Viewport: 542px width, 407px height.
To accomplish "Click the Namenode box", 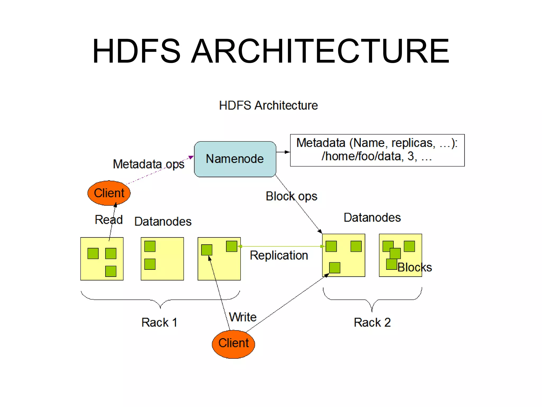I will point(235,159).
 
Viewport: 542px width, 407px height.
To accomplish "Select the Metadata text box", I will point(377,150).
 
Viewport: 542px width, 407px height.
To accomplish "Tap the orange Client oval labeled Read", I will point(109,193).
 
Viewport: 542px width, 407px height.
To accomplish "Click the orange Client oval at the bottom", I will point(233,344).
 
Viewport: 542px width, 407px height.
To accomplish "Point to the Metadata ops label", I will point(148,164).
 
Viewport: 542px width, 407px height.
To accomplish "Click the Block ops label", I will point(291,196).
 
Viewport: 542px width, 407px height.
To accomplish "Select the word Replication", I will point(279,255).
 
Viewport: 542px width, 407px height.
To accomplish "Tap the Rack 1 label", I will point(159,322).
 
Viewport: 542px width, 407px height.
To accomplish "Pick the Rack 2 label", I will point(372,322).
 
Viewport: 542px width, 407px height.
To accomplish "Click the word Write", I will point(243,317).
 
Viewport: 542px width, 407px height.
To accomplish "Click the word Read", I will point(109,220).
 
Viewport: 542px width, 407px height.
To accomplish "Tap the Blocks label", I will point(415,267).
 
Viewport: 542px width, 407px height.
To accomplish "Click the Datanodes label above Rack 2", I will point(372,218).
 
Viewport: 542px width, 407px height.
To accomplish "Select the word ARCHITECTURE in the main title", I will point(320,51).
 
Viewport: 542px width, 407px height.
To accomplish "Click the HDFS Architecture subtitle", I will point(268,105).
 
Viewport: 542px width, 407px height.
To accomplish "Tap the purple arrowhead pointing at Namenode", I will point(191,157).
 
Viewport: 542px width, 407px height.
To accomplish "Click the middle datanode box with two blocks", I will point(162,259).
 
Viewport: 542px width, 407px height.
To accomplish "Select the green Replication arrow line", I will point(281,246).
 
